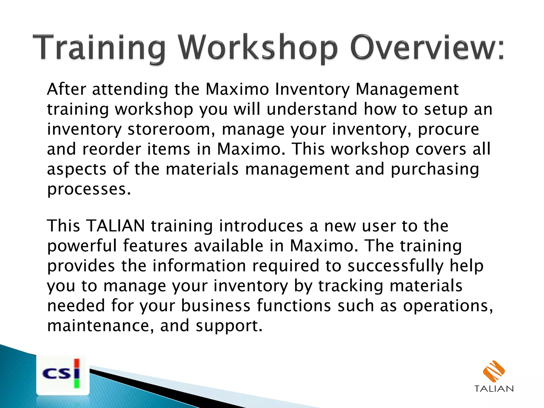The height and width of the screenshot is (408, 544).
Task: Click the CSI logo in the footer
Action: coord(63,374)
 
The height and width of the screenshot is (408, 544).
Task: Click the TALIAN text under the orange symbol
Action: coord(494,389)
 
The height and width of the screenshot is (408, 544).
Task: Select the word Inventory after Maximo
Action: coord(312,90)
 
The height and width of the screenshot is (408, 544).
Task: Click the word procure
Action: coord(448,130)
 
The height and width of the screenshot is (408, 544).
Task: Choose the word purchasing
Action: coord(435,169)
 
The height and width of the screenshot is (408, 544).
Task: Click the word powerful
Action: coord(82,246)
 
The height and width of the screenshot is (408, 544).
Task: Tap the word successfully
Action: coord(396,266)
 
